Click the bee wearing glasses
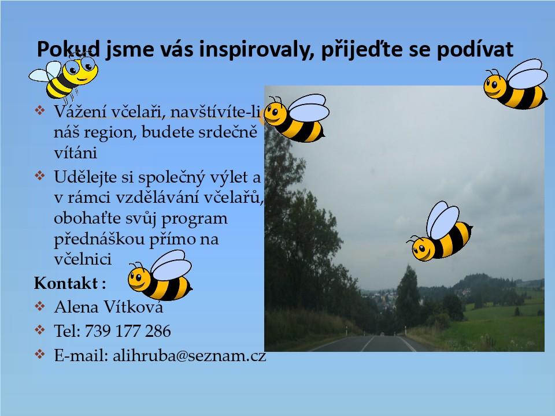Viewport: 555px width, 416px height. pyautogui.click(x=64, y=76)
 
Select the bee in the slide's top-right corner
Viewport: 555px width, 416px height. pyautogui.click(x=516, y=84)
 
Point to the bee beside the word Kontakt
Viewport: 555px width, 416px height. pyautogui.click(x=160, y=276)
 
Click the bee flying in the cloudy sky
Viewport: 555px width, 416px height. pyautogui.click(x=439, y=232)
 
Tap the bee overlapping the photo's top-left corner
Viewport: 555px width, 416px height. pyautogui.click(x=297, y=118)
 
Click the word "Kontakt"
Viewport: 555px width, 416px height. pyautogui.click(x=66, y=283)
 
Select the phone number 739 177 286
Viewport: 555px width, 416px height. pyautogui.click(x=128, y=331)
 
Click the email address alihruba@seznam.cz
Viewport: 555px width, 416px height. pyautogui.click(x=190, y=355)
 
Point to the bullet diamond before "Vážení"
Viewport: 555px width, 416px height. pyautogui.click(x=40, y=110)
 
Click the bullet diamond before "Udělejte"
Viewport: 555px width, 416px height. pyautogui.click(x=40, y=176)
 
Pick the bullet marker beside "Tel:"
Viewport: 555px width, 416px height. pyautogui.click(x=40, y=330)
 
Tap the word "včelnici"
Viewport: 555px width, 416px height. pyautogui.click(x=83, y=259)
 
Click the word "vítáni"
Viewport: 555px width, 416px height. pyautogui.click(x=75, y=153)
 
